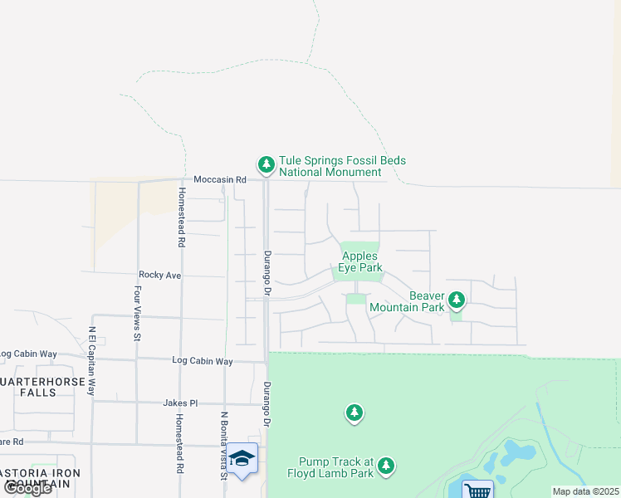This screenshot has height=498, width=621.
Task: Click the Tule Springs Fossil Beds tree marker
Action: click(x=266, y=165)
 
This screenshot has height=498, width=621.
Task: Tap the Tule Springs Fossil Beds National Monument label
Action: click(x=330, y=167)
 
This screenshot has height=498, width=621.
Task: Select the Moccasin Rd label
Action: click(x=220, y=179)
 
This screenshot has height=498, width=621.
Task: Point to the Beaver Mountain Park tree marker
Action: click(x=456, y=299)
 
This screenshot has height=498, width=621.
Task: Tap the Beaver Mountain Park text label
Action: click(x=407, y=301)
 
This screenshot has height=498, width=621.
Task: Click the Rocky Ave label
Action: click(x=159, y=275)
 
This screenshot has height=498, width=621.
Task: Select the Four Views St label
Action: click(x=138, y=315)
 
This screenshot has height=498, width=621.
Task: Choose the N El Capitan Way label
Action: click(x=93, y=363)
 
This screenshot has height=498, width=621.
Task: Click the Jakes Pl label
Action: click(x=180, y=403)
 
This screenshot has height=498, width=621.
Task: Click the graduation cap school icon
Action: click(x=242, y=458)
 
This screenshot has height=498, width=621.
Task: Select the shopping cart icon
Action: click(x=477, y=491)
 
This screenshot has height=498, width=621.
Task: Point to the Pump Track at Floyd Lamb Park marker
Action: click(x=385, y=467)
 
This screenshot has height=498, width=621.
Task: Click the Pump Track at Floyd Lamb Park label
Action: click(x=337, y=468)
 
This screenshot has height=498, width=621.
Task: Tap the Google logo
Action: click(x=27, y=488)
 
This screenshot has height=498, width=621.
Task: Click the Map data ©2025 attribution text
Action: click(x=584, y=491)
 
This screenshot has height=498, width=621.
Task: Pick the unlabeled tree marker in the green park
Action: click(x=355, y=412)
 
